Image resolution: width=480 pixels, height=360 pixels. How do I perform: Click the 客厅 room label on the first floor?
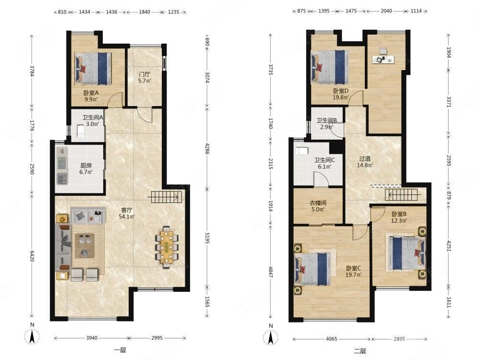[x=127, y=210]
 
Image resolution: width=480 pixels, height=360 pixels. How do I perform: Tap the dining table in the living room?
[x=167, y=247]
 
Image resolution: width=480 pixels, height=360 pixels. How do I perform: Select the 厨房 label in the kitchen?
[x=86, y=165]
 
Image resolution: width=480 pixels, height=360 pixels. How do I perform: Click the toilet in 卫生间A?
[x=81, y=131]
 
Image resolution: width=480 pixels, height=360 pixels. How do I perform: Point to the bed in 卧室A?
[x=93, y=69]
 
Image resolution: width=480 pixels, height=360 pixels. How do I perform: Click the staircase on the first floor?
[x=166, y=196]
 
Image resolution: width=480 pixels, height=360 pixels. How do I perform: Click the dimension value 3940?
[x=92, y=338]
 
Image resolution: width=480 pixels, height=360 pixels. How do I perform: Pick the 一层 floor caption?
[x=120, y=350]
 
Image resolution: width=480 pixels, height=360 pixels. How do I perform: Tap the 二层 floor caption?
[x=360, y=351]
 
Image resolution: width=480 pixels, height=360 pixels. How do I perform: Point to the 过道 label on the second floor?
[x=365, y=158]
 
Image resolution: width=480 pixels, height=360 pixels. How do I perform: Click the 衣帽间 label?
[x=318, y=203]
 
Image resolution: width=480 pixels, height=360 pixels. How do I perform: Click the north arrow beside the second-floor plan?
[x=271, y=337]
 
